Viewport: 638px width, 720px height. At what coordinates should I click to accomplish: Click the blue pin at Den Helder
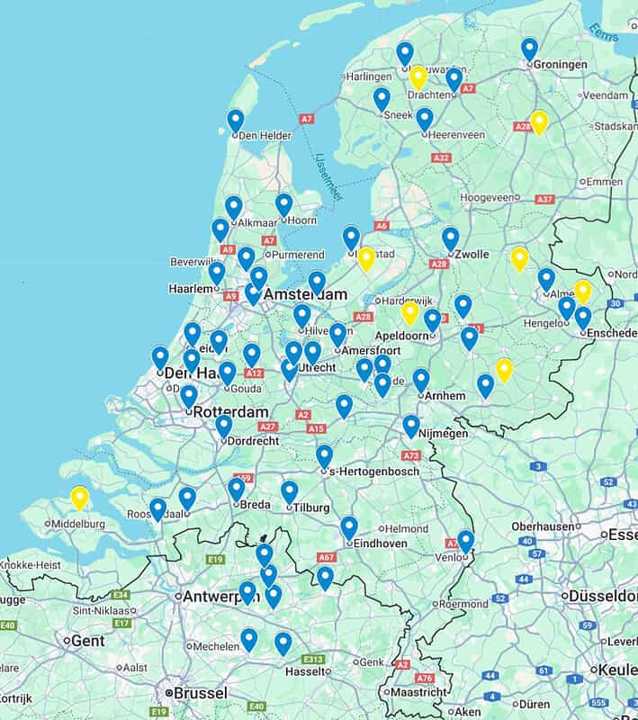[236, 121]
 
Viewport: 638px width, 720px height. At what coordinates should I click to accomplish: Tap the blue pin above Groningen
[529, 49]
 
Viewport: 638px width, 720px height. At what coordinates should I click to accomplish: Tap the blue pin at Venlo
[465, 541]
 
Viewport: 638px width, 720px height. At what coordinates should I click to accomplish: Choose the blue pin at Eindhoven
[349, 527]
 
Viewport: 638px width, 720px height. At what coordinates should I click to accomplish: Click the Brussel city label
[201, 693]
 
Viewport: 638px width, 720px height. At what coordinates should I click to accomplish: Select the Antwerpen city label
[221, 596]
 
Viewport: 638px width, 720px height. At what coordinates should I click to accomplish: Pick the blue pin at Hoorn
[284, 204]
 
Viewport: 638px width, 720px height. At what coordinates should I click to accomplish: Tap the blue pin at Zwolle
[451, 238]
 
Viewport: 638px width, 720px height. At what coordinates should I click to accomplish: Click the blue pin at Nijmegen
[411, 426]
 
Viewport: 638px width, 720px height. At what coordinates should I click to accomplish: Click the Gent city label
[87, 640]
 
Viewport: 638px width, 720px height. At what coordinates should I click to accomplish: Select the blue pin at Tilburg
[289, 491]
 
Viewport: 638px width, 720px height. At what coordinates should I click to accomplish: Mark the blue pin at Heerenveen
[425, 119]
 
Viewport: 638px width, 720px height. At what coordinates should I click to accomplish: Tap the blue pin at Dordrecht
[224, 426]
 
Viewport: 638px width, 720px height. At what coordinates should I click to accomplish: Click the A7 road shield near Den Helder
[307, 119]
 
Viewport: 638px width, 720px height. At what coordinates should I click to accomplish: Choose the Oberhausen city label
[546, 526]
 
